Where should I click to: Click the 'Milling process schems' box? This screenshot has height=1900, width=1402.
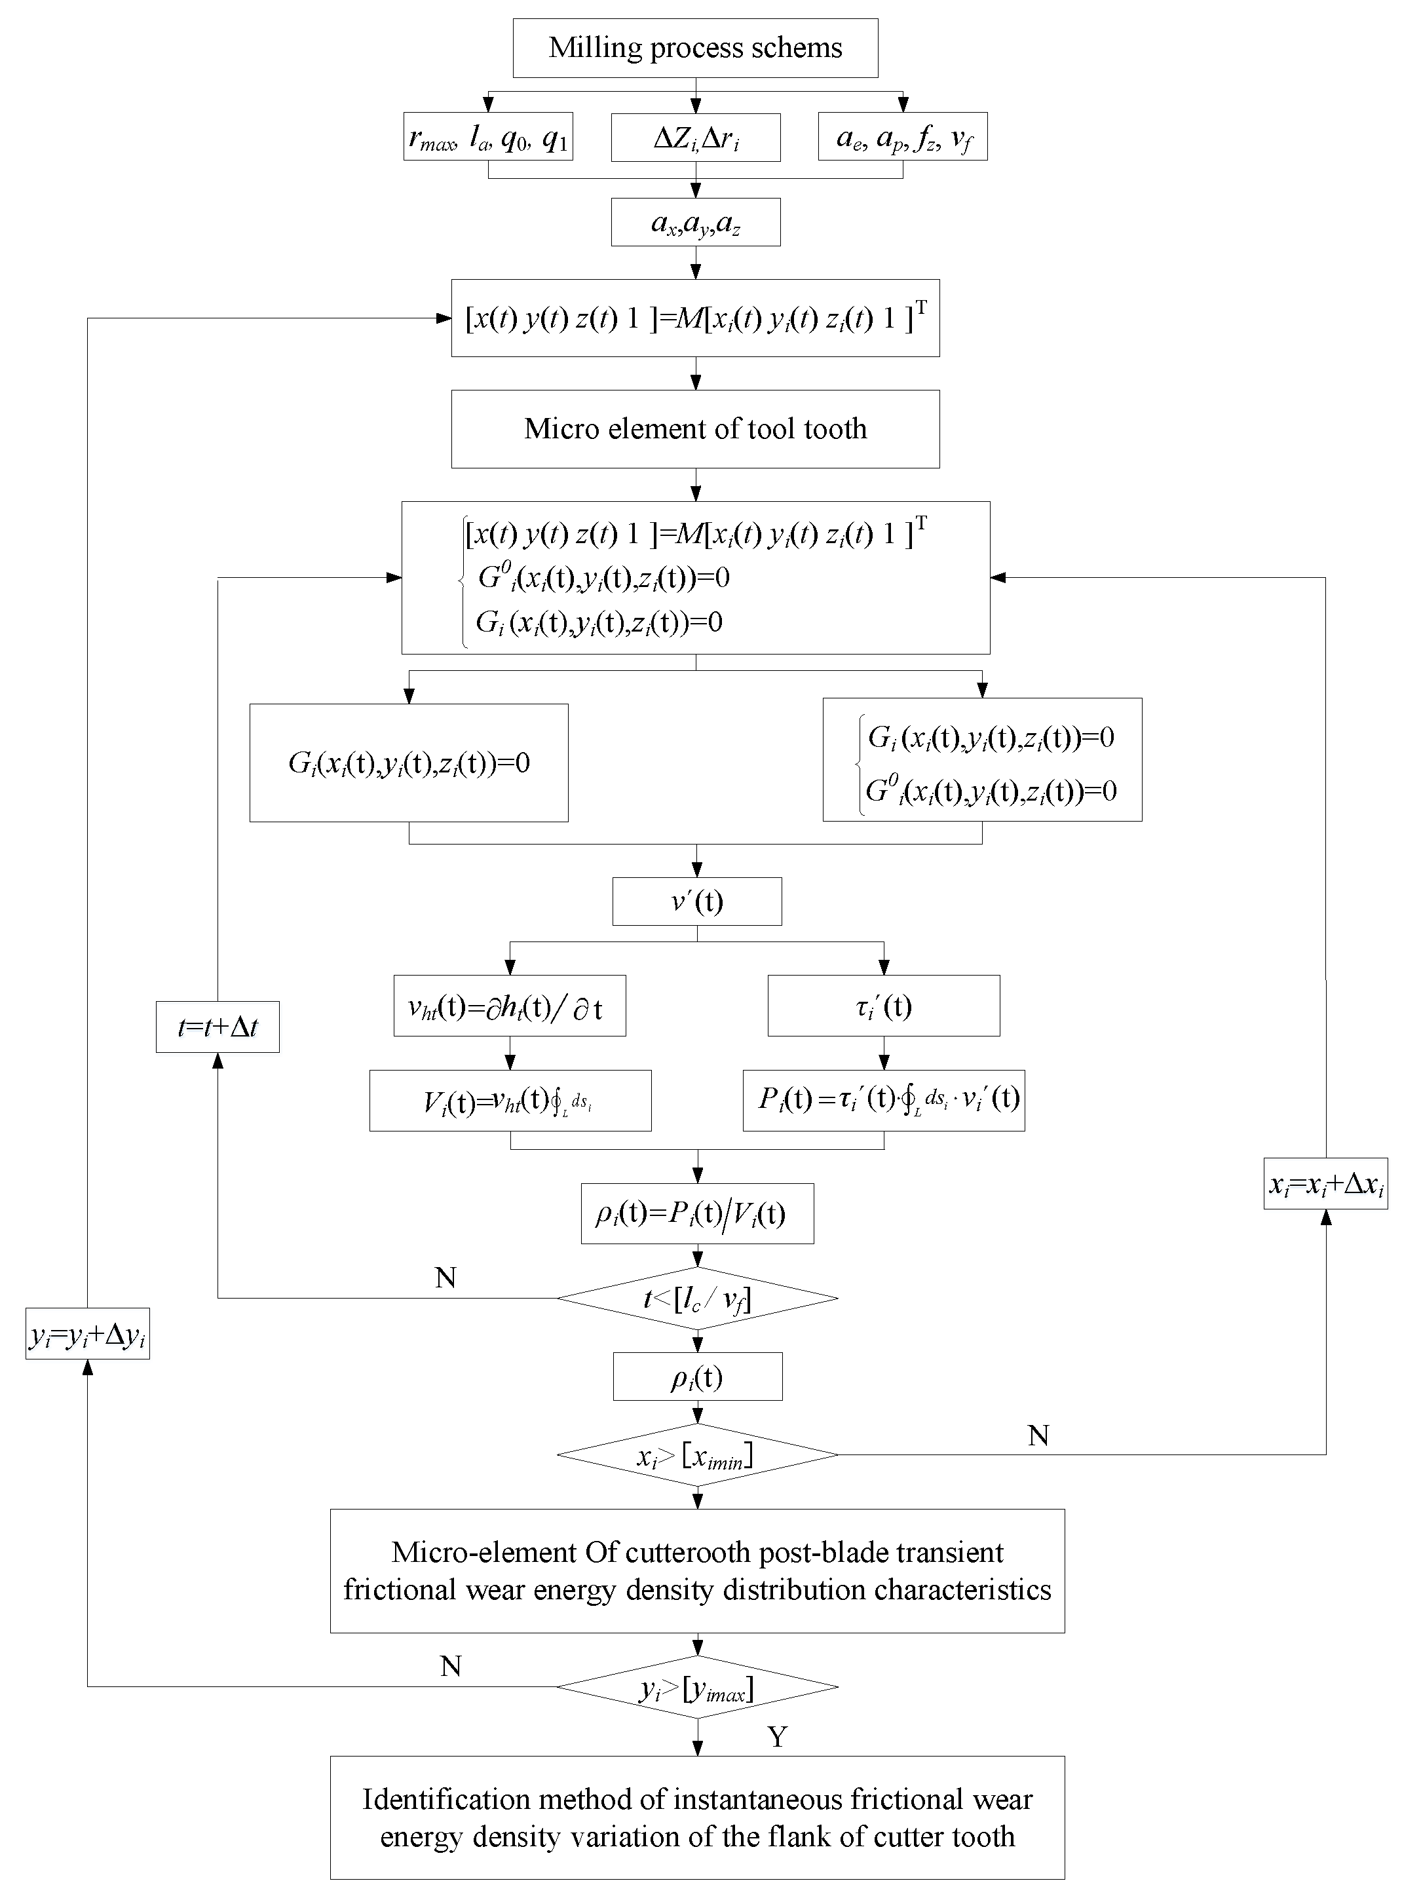coord(695,48)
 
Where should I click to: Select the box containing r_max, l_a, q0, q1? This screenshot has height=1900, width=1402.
coord(488,137)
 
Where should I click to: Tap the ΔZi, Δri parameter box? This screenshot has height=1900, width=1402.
coord(695,137)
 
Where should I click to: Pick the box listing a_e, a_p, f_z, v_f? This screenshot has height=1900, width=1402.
coord(902,137)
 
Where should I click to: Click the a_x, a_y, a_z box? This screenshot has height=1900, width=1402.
coord(695,222)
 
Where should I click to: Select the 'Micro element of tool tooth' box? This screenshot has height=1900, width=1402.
coord(695,428)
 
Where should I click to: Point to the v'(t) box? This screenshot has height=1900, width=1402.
coord(697,902)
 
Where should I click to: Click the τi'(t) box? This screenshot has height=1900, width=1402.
coord(884,1006)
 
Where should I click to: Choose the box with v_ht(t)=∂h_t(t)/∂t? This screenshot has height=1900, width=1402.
coord(509,1006)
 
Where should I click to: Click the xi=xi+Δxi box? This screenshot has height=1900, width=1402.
coord(1325,1184)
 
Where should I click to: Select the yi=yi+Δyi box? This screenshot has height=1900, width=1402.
coord(87,1334)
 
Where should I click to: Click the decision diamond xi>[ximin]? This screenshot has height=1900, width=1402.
coord(697,1455)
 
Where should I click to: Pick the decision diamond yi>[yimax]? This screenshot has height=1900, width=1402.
coord(697,1687)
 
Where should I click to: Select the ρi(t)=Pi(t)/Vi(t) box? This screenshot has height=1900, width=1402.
coord(697,1214)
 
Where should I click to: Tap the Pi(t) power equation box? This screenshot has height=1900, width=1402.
coord(884,1101)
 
